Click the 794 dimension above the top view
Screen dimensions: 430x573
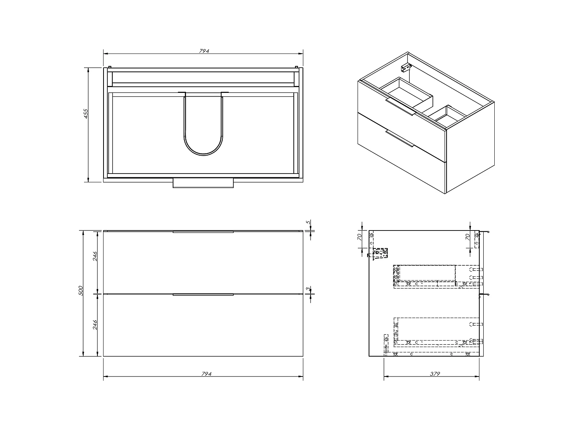204,51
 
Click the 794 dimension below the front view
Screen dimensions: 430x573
206,374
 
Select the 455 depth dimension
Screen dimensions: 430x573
86,114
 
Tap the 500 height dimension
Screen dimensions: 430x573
80,290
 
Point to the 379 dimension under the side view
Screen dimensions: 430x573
435,374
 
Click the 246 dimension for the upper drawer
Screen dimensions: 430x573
95,256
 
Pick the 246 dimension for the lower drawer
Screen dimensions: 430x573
95,325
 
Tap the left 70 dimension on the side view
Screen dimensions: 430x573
359,237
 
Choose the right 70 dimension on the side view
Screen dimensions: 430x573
467,237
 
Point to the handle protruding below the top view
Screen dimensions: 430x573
203,183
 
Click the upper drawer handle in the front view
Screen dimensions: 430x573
203,232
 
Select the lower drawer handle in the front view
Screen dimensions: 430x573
203,295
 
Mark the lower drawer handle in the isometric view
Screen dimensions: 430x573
400,138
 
